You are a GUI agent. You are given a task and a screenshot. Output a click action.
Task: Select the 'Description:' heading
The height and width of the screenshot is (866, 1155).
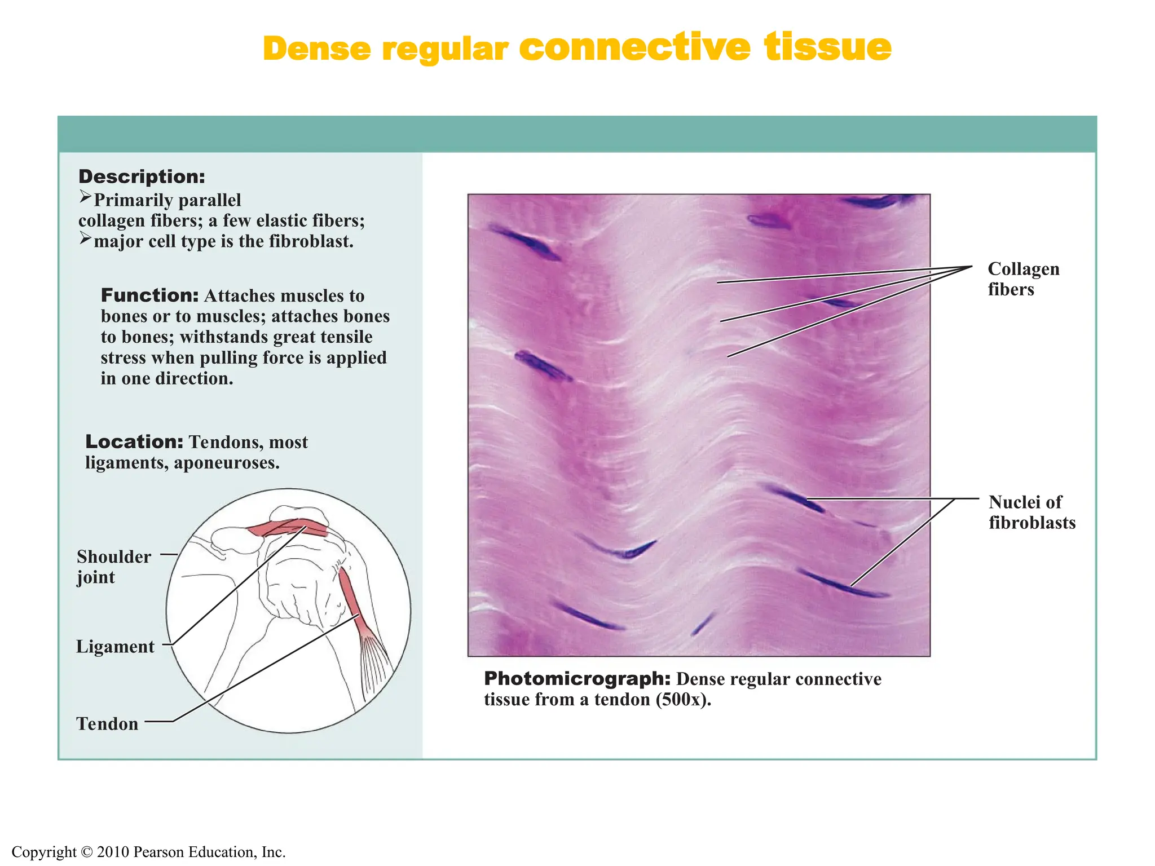[142, 176]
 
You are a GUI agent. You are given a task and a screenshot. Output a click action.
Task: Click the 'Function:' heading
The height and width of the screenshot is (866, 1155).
[149, 295]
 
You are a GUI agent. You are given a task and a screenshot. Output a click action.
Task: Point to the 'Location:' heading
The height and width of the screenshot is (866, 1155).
[134, 441]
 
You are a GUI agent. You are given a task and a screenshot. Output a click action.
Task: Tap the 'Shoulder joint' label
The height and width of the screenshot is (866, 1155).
[113, 567]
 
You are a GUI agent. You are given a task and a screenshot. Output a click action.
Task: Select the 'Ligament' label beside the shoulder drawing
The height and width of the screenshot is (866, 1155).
[115, 647]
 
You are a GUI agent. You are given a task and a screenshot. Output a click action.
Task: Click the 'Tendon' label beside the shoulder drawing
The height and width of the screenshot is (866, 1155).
[107, 724]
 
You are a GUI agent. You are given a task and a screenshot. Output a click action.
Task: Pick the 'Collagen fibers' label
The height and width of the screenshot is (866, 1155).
[1023, 279]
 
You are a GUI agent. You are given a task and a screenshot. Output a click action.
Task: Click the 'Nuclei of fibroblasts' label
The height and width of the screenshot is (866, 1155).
[1031, 512]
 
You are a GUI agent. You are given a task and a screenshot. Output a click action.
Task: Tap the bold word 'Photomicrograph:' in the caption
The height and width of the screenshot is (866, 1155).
[577, 679]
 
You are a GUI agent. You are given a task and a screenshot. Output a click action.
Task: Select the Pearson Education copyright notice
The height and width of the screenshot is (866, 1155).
[148, 852]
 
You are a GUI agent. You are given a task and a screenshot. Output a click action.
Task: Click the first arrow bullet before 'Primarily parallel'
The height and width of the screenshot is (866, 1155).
[85, 197]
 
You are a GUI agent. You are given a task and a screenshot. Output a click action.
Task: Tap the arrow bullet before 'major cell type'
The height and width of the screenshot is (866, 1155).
[85, 239]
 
